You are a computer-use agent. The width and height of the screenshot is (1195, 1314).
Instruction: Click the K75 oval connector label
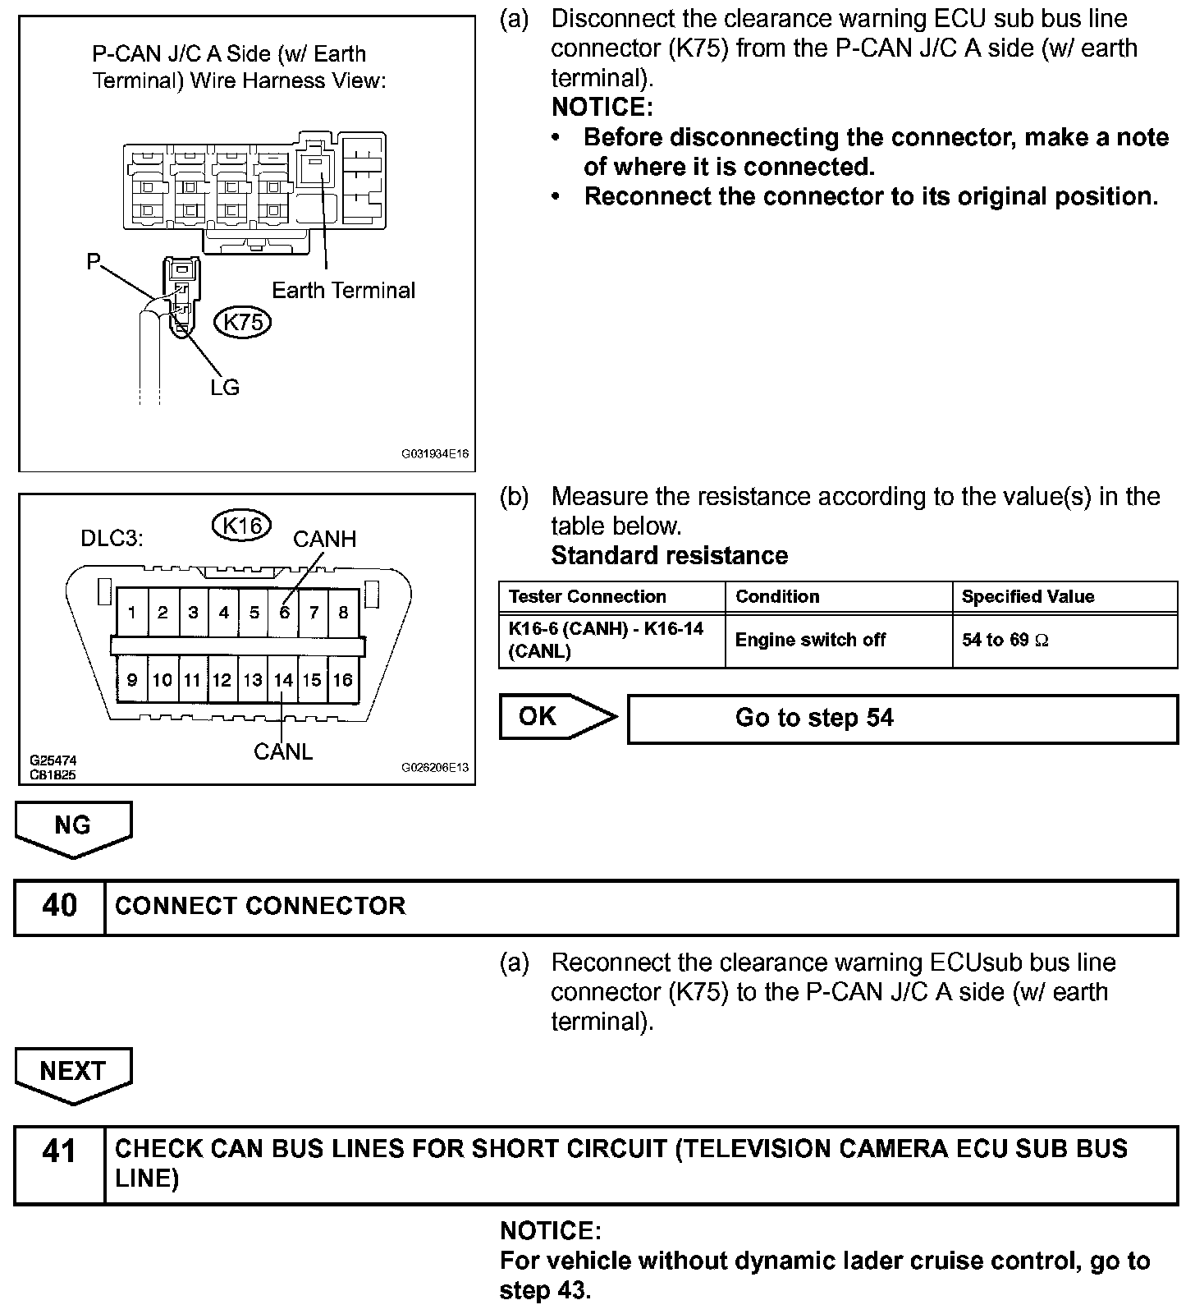click(x=242, y=322)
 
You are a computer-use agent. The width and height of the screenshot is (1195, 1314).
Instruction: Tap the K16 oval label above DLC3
click(x=242, y=524)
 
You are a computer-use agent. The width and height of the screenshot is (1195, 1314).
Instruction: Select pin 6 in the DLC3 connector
click(x=284, y=612)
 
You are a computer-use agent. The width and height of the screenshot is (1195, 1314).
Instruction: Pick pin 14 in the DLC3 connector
click(x=283, y=680)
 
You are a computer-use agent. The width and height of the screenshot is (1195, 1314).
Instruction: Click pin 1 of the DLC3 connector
click(x=132, y=612)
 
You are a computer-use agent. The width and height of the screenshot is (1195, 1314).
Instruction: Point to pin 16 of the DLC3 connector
click(x=342, y=680)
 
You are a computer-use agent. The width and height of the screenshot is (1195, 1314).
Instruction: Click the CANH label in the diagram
click(x=324, y=540)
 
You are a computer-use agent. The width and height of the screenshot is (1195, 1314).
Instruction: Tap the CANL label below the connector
click(x=283, y=751)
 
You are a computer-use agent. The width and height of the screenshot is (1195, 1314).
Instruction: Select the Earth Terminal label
click(x=343, y=290)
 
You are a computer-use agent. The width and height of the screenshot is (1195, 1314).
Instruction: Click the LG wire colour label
click(x=224, y=387)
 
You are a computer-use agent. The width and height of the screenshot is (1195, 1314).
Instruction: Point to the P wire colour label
click(x=94, y=262)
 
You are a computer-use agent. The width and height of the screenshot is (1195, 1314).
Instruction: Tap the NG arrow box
click(x=73, y=826)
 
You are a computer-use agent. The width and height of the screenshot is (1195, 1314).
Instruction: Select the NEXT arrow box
click(x=73, y=1073)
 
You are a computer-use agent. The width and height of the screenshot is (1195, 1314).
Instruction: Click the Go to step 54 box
click(x=901, y=719)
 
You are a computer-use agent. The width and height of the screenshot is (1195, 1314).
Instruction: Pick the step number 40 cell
click(x=60, y=907)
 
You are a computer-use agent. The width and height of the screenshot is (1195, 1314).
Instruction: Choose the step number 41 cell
click(x=60, y=1164)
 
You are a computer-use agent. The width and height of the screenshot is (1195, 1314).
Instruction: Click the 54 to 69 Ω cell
click(x=1064, y=641)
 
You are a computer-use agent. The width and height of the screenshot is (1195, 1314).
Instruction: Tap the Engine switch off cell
click(x=838, y=641)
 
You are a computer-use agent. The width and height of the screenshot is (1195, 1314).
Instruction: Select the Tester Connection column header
click(x=611, y=597)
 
